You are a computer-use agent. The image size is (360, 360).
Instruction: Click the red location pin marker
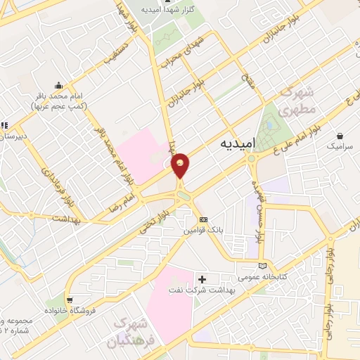click(181, 165)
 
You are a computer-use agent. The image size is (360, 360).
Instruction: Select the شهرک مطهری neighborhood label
click(295, 101)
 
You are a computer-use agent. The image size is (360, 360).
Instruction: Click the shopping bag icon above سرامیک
click(340, 136)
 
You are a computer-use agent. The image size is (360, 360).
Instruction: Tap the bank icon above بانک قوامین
click(204, 219)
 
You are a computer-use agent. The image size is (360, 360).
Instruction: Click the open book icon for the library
click(263, 266)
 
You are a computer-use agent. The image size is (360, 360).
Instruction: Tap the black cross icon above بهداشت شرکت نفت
click(202, 280)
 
